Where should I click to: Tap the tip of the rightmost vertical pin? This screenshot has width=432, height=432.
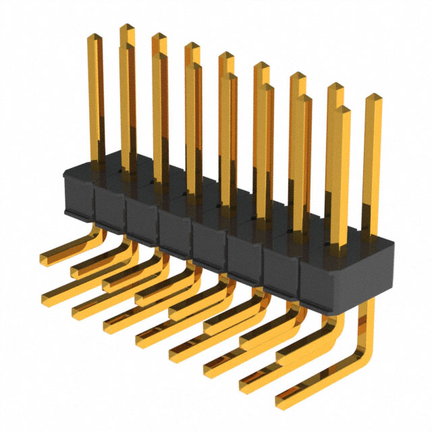374,99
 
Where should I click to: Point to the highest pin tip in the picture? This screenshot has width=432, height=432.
127,28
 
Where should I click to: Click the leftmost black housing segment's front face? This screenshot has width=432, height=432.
78,196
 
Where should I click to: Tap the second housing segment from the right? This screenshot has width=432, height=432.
281,269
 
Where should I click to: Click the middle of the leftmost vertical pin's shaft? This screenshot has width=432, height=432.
97,101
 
